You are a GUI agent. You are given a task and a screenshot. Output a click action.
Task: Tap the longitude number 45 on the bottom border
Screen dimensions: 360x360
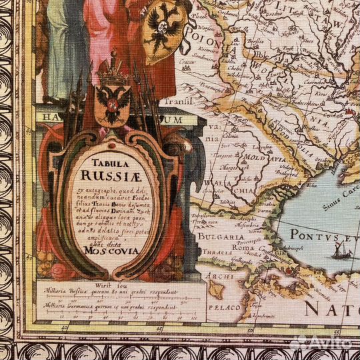point(64,327)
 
